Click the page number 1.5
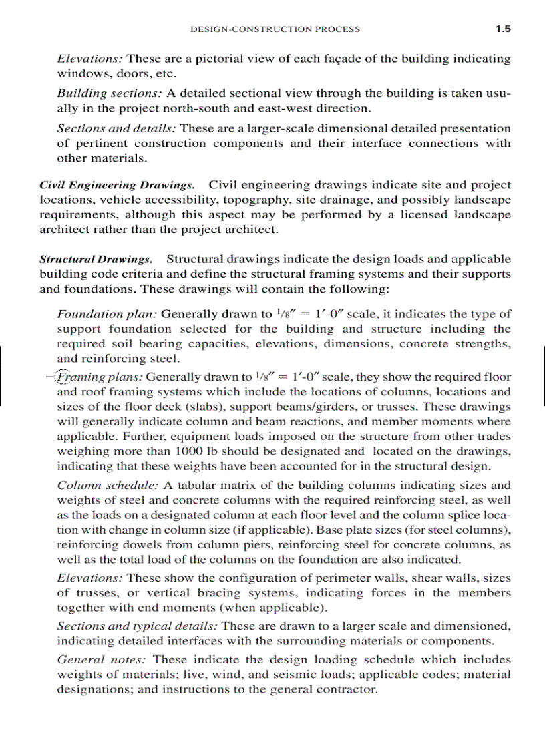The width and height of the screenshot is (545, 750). (502, 29)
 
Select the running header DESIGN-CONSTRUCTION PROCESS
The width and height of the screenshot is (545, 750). (275, 29)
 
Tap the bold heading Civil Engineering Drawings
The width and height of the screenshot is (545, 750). (118, 185)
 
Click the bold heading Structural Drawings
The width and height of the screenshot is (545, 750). (96, 259)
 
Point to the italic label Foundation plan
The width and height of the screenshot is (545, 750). (108, 313)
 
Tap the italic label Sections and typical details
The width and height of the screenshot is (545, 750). (137, 626)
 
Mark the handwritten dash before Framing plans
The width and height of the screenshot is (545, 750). (50, 377)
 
